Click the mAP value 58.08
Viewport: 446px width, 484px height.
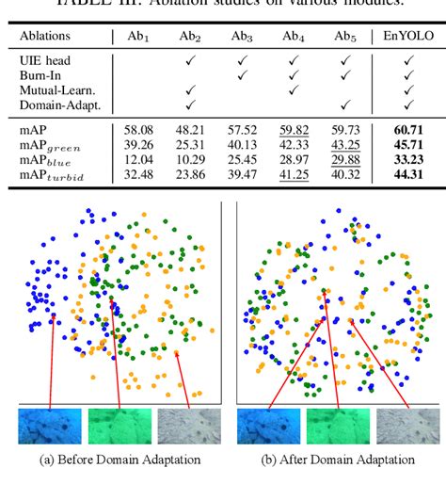click(138, 125)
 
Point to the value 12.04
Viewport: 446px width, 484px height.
click(138, 159)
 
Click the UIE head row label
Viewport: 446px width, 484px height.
click(47, 58)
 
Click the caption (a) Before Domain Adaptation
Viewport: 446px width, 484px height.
click(120, 460)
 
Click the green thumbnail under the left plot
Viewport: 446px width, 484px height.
click(119, 426)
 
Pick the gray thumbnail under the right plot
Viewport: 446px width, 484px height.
click(408, 426)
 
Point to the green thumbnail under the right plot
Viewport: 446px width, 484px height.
click(339, 426)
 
